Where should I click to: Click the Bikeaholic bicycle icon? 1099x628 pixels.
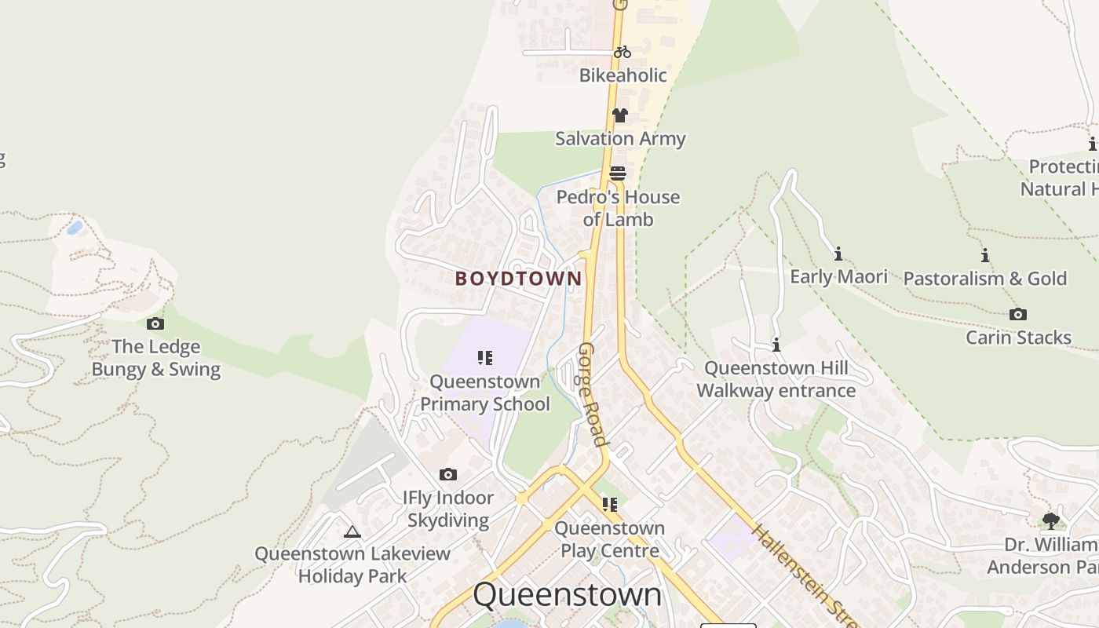(x=622, y=52)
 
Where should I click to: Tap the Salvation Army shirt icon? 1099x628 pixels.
(x=620, y=115)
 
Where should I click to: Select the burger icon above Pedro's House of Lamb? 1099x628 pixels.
(x=618, y=173)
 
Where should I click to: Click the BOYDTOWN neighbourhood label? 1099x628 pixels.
(x=519, y=279)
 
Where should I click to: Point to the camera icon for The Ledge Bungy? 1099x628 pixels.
(x=155, y=323)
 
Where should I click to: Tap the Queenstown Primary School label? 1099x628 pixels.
(x=485, y=392)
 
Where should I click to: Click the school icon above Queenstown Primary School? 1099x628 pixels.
(x=485, y=359)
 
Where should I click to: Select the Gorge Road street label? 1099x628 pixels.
(x=593, y=394)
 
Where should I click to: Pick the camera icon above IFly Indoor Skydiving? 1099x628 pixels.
(x=448, y=474)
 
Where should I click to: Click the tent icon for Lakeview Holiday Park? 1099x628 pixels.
(x=352, y=531)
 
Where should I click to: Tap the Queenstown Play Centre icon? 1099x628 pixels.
(x=609, y=505)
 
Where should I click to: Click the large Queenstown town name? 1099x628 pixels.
(x=568, y=595)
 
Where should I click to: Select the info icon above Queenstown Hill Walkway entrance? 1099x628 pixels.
(x=776, y=345)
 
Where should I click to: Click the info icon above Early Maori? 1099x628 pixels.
(x=838, y=254)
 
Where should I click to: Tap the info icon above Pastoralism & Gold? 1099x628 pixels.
(x=984, y=255)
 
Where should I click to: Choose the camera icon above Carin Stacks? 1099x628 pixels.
(x=1018, y=315)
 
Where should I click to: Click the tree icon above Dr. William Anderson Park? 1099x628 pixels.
(x=1050, y=521)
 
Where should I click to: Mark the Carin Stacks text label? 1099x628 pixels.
(x=1018, y=338)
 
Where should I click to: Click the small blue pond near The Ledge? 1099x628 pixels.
(x=75, y=228)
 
